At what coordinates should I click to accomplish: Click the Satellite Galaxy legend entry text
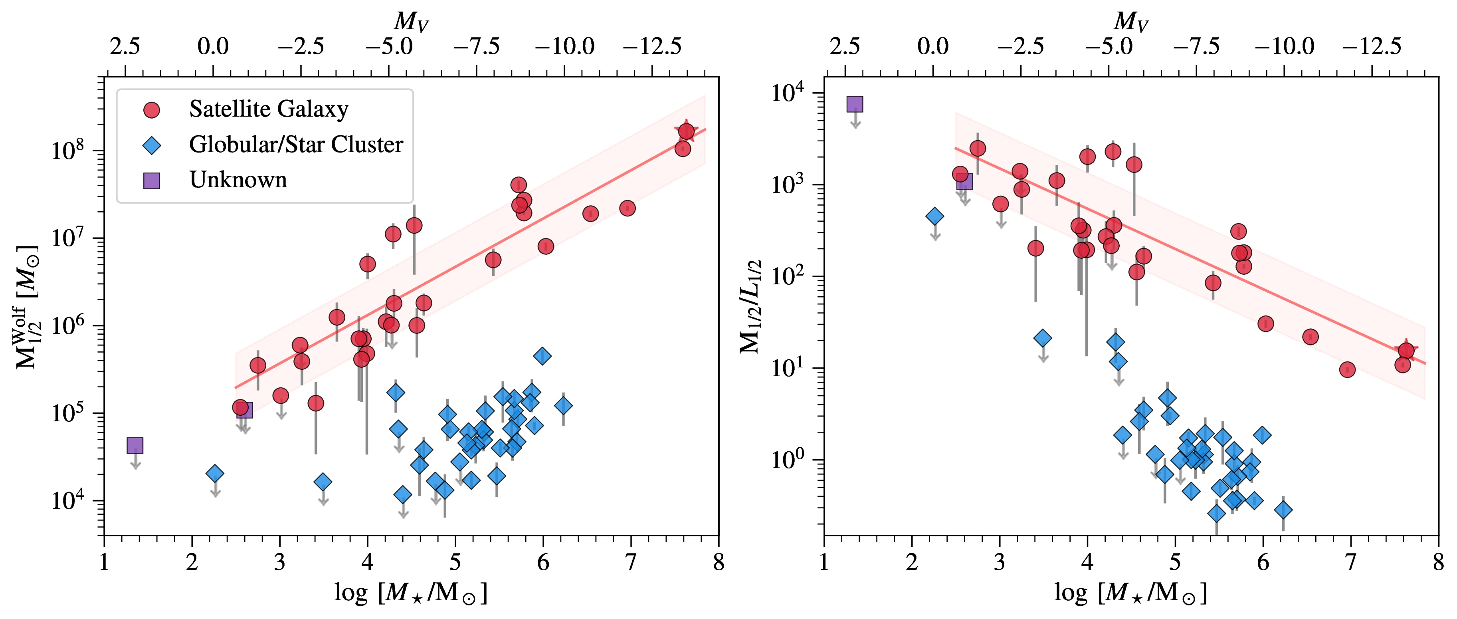pyautogui.click(x=268, y=109)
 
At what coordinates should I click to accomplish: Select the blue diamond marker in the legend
pyautogui.click(x=152, y=145)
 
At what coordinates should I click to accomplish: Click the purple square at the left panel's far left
pyautogui.click(x=135, y=445)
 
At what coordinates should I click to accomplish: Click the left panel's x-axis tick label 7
pyautogui.click(x=631, y=562)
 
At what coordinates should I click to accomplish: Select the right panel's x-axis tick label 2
pyautogui.click(x=912, y=562)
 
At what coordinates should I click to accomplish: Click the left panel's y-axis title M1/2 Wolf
pyautogui.click(x=27, y=307)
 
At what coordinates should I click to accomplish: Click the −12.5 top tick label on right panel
pyautogui.click(x=1372, y=46)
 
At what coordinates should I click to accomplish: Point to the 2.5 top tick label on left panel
pyautogui.click(x=125, y=46)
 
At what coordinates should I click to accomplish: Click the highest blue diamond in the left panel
pyautogui.click(x=542, y=356)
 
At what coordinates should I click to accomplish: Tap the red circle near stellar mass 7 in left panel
pyautogui.click(x=627, y=208)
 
